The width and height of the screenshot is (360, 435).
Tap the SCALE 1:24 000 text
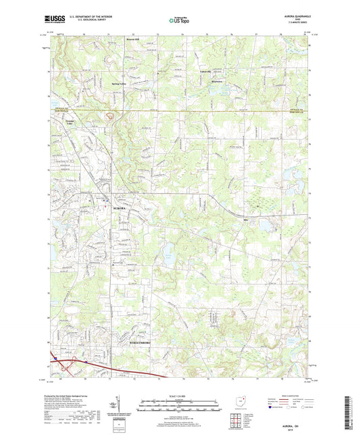click(x=180, y=395)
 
